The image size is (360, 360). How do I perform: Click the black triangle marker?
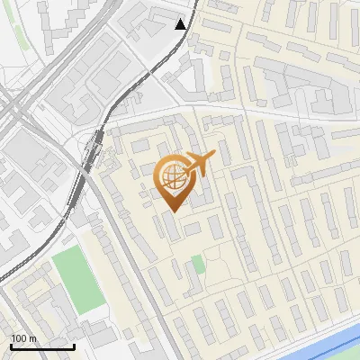[x=182, y=24]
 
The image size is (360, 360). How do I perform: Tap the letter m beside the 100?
[x=32, y=338]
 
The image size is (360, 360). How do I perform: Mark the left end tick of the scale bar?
[x=11, y=346]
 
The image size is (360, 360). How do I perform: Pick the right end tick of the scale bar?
[x=74, y=346]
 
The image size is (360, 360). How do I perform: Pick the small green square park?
[x=197, y=265]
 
